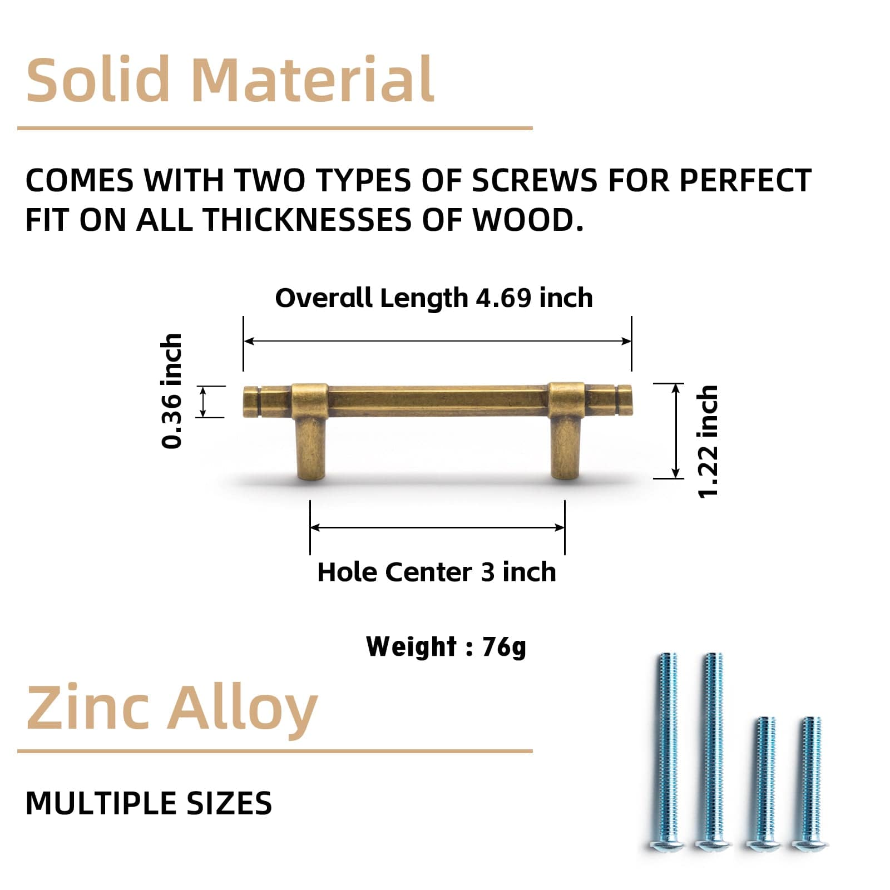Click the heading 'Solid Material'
click(x=230, y=81)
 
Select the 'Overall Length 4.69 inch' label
click(x=434, y=298)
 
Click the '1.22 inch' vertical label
click(x=708, y=442)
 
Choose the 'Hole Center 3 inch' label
click(x=437, y=572)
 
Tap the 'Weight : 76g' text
click(x=446, y=646)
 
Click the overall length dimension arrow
click(x=437, y=341)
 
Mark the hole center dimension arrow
click(x=437, y=527)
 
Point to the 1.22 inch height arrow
click(x=676, y=431)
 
